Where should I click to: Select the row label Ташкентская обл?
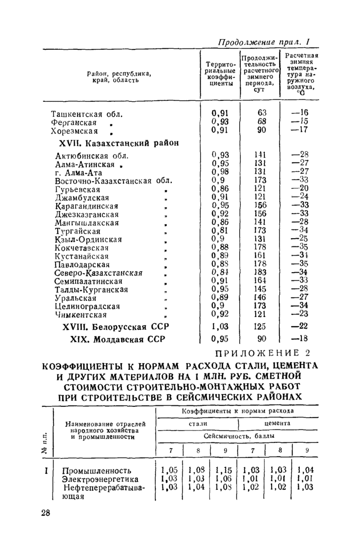pos(87,114)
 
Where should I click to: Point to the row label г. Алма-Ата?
pos(78,172)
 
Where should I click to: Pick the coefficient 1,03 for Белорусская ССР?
pos(220,327)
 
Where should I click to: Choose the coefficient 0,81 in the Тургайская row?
pos(220,230)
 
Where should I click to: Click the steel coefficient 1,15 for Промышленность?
pos(225,470)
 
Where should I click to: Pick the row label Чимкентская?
pos(81,315)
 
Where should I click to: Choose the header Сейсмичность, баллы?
pos(239,436)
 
